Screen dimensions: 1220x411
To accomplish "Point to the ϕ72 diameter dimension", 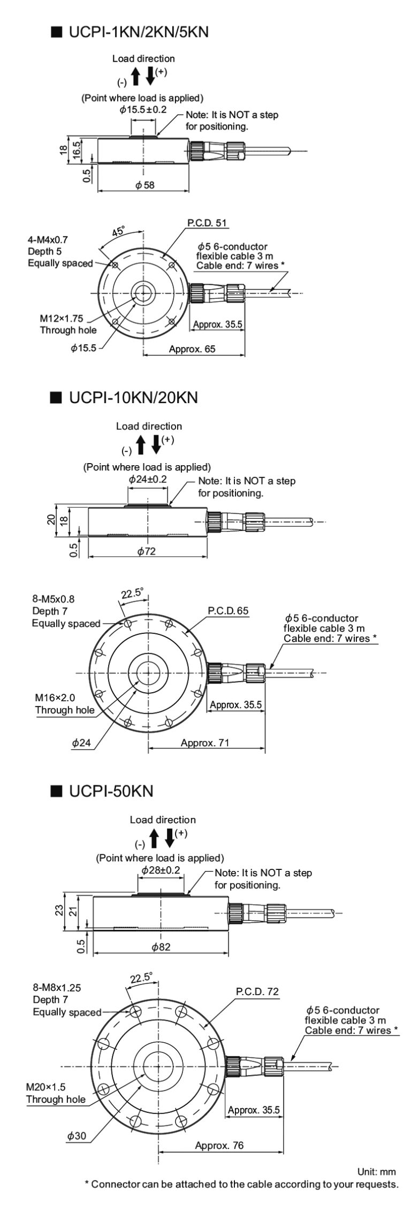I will [x=146, y=551].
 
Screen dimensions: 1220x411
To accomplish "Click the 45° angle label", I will [x=118, y=231].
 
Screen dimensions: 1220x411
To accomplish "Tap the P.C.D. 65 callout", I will [x=228, y=611].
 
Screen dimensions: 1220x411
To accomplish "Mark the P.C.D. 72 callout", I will [x=257, y=991].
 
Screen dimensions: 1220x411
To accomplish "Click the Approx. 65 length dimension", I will [x=192, y=349].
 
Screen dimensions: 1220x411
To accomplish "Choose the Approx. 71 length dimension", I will [x=204, y=742].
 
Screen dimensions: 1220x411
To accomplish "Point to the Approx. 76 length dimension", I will [x=219, y=1145].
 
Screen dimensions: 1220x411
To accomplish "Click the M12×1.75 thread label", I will [x=64, y=317].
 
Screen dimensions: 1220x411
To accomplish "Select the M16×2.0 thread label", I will [x=55, y=698].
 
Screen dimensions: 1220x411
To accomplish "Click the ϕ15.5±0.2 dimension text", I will [x=143, y=110].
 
